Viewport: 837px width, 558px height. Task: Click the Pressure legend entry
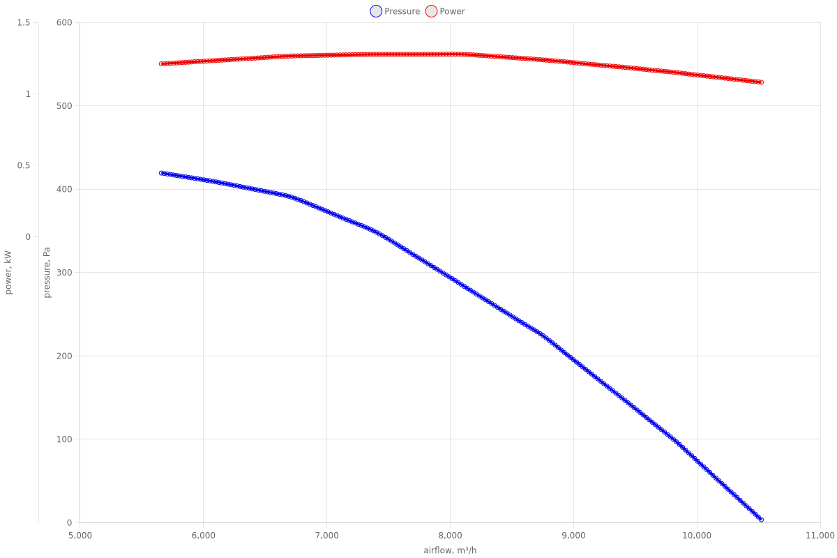pos(395,11)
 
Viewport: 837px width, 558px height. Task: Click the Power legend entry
pos(445,11)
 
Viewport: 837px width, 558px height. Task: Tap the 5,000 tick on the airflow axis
pos(80,536)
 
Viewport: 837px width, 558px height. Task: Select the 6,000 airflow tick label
pos(204,536)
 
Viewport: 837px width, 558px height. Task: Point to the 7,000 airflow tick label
pos(327,536)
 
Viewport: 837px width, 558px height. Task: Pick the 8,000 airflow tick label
pos(451,536)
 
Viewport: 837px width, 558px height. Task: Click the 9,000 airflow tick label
pos(573,536)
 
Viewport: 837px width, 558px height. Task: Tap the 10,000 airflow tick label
pos(697,536)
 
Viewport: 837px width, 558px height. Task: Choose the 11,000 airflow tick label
pos(820,536)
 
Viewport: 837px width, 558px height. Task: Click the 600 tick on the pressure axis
pos(64,22)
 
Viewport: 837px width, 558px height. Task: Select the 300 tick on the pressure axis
pos(64,273)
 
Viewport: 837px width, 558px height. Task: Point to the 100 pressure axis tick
pos(64,439)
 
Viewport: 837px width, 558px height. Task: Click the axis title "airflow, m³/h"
pos(450,551)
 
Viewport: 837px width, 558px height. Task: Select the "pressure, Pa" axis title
pos(47,273)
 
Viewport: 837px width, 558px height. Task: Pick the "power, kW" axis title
pos(8,273)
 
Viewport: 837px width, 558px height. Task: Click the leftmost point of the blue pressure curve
pos(161,173)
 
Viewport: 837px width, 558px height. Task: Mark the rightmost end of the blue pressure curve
pos(761,520)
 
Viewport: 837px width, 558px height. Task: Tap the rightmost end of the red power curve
pos(761,82)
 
